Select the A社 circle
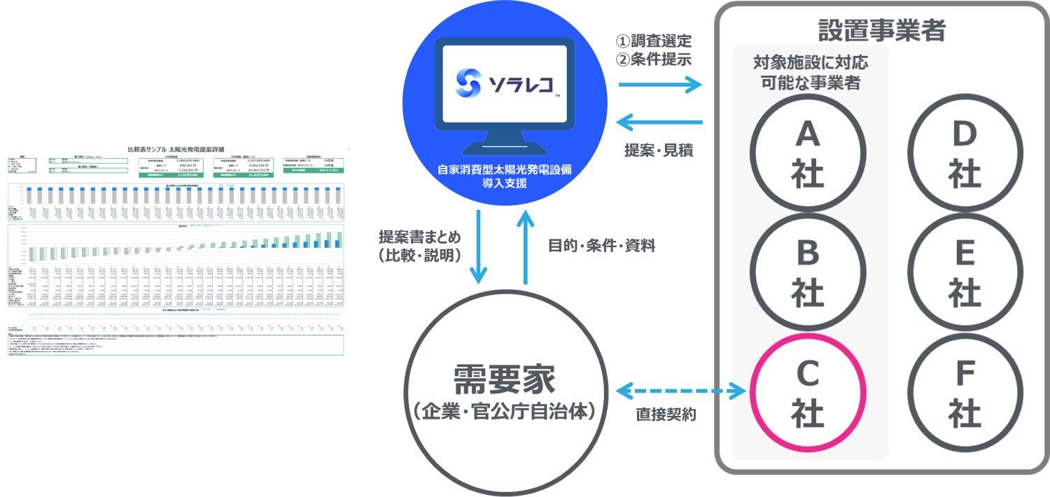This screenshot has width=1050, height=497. click(808, 153)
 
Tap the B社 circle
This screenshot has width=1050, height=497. click(808, 274)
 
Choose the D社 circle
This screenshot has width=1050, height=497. click(964, 153)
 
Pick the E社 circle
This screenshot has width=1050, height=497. click(964, 274)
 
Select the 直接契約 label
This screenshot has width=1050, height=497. click(666, 414)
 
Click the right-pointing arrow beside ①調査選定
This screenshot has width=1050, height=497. click(661, 85)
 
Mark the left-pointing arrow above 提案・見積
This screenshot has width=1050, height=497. click(661, 123)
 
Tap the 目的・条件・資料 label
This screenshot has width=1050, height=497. click(601, 247)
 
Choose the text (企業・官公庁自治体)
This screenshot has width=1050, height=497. click(504, 411)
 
